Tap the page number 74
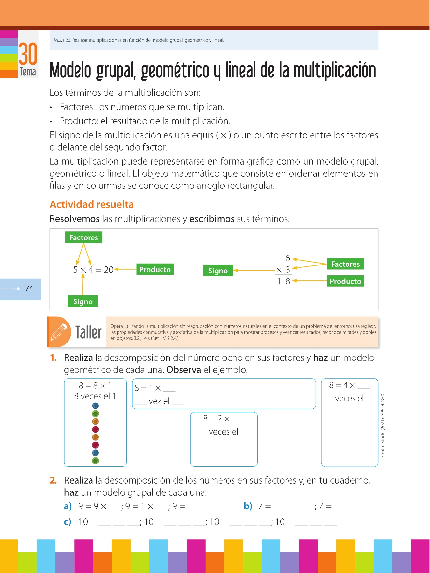tap(29, 288)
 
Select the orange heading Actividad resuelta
tap(92, 204)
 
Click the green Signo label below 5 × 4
tap(83, 301)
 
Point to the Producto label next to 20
tap(155, 269)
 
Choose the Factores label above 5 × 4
tap(83, 237)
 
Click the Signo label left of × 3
tap(218, 271)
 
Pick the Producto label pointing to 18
tap(345, 281)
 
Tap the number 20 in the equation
tap(109, 270)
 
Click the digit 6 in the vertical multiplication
tap(288, 258)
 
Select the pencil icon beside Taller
tap(59, 332)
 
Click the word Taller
tap(89, 332)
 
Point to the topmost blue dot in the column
tap(95, 406)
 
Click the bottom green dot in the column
tap(95, 461)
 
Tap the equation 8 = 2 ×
tap(217, 419)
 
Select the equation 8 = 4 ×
tap(342, 386)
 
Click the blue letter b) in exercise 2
tap(248, 506)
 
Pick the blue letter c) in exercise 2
tap(68, 522)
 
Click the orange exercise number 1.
tap(53, 358)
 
